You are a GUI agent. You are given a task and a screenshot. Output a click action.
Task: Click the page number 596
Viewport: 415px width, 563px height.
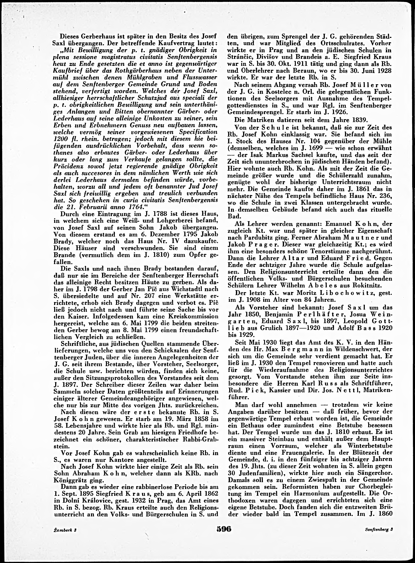point(223,535)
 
